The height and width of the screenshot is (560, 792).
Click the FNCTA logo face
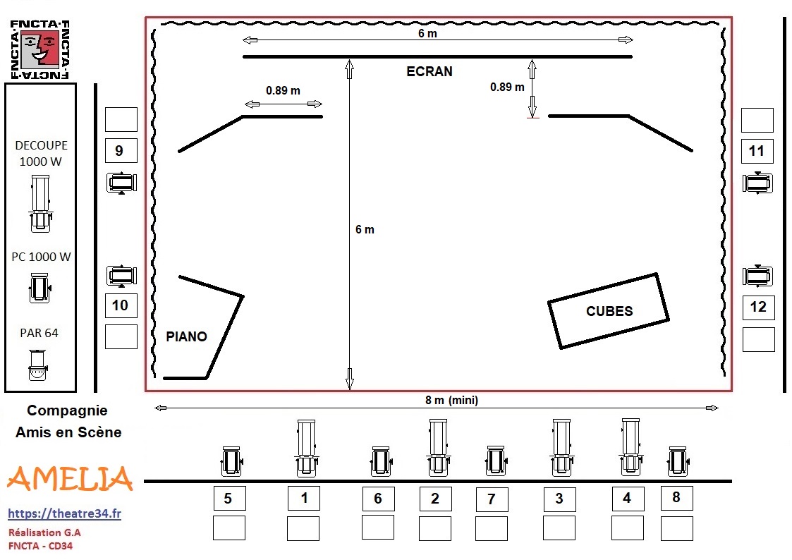[40, 48]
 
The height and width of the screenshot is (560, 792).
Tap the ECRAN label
[429, 72]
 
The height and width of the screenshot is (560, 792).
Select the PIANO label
[186, 337]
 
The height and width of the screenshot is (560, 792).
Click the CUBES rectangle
[609, 311]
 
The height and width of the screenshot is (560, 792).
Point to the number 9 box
[121, 150]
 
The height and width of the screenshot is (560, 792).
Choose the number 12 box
[759, 308]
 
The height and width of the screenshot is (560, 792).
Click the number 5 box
[229, 499]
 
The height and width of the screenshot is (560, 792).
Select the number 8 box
[677, 498]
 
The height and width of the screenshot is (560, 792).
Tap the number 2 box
[435, 499]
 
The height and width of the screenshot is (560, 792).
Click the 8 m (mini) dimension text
[451, 401]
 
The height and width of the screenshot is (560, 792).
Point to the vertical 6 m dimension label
[365, 230]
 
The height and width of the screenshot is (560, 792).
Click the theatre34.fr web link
[65, 513]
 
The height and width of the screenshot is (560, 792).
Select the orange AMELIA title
[71, 479]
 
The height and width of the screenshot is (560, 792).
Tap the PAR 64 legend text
[39, 334]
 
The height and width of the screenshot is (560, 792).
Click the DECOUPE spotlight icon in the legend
[40, 204]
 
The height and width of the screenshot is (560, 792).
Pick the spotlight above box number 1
[306, 449]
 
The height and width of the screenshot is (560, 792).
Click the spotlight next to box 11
[757, 183]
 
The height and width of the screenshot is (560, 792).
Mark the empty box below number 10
[121, 337]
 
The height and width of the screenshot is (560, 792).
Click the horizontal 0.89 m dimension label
[283, 91]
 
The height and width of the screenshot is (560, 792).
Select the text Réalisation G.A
[44, 532]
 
